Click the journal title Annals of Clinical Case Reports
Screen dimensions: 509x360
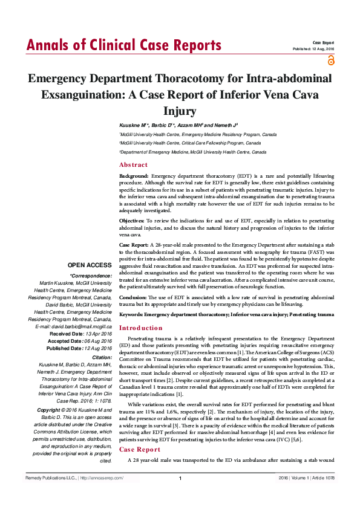click(x=123, y=45)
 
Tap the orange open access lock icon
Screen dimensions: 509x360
click(x=330, y=60)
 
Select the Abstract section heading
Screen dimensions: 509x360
click(x=133, y=165)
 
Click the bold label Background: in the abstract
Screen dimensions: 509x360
click(x=134, y=175)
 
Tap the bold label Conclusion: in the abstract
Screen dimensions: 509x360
click(x=133, y=297)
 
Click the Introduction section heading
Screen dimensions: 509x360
click(x=140, y=328)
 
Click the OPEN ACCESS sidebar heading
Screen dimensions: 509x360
click(x=90, y=265)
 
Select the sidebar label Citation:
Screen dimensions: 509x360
click(x=99, y=357)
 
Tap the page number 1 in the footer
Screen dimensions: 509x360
click(x=180, y=496)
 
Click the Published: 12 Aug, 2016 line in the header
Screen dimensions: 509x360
click(x=313, y=48)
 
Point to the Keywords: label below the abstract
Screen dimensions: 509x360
click(x=134, y=315)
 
